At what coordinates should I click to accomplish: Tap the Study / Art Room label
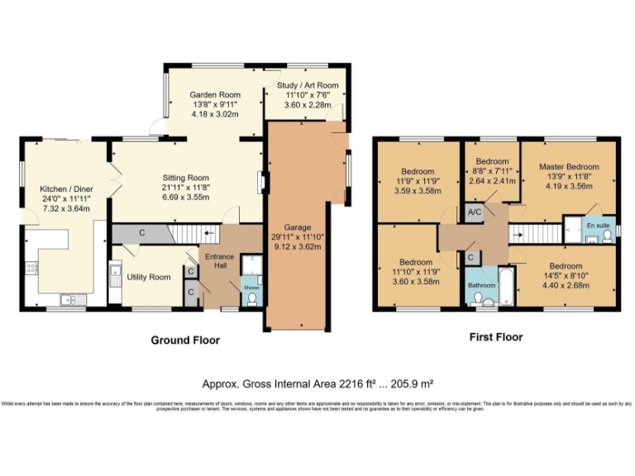[x=307, y=85]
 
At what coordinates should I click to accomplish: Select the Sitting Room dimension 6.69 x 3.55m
[x=184, y=198]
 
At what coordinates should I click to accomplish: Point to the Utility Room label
[x=149, y=277]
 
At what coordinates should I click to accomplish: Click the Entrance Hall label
[x=220, y=261]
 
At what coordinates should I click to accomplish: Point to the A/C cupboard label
[x=474, y=212]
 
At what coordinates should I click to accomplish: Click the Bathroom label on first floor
[x=481, y=285]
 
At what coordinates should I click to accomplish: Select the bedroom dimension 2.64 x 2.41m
[x=491, y=181]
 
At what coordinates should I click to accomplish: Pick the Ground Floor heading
[x=185, y=340]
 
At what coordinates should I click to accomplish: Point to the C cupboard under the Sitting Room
[x=141, y=234]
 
